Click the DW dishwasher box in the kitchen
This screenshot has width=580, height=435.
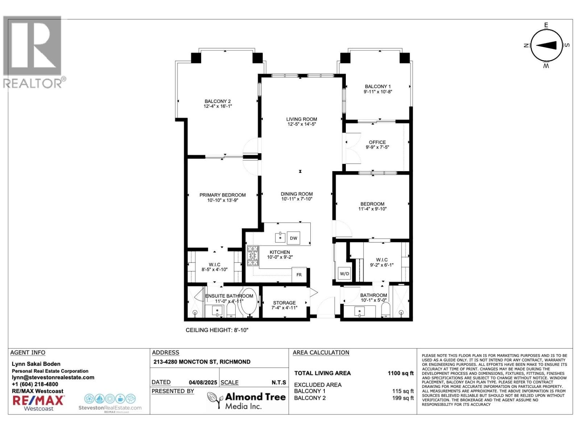pos(294,238)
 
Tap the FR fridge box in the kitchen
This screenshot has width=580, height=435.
pos(299,275)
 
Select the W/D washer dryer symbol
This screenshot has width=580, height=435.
pos(344,274)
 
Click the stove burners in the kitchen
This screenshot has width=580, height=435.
pos(253,256)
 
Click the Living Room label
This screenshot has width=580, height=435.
pos(302,119)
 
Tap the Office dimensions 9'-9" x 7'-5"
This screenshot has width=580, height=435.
pos(377,147)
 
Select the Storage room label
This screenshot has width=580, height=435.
pos(284,303)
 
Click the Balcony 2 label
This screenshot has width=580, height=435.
pos(217,101)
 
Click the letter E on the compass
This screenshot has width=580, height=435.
pos(546,25)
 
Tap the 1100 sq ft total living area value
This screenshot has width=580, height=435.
pos(401,373)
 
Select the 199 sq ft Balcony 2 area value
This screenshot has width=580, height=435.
pos(403,398)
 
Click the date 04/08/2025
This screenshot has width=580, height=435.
pos(203,382)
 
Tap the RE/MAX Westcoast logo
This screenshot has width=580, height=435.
pos(38,403)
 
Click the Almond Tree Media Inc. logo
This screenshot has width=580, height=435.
pos(246,401)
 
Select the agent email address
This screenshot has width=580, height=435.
pos(53,377)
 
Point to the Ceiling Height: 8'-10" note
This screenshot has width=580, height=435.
pos(217,330)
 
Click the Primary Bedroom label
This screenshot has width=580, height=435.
pos(223,195)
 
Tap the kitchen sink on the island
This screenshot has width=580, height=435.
pos(280,237)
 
